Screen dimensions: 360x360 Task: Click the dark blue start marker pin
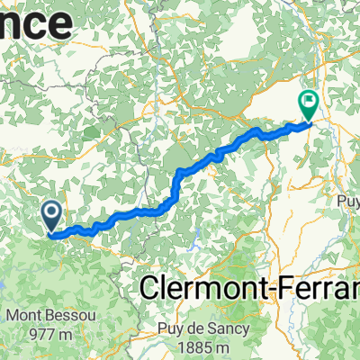click(51, 214)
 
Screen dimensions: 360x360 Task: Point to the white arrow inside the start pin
click(51, 213)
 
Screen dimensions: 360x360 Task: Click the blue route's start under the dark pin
click(50, 235)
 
